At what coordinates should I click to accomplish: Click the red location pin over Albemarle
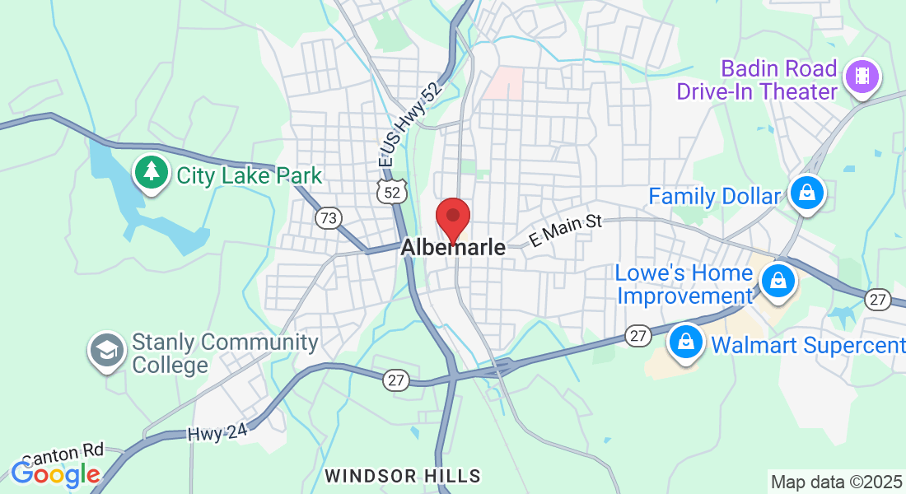pyautogui.click(x=452, y=217)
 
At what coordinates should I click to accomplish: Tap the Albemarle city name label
pyautogui.click(x=453, y=247)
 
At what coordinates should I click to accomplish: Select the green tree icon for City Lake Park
pyautogui.click(x=151, y=171)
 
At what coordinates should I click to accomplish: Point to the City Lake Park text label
pyautogui.click(x=249, y=175)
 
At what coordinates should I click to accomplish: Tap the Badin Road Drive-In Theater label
pyautogui.click(x=756, y=80)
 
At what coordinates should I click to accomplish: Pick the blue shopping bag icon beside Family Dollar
pyautogui.click(x=807, y=193)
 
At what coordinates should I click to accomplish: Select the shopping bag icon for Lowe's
pyautogui.click(x=776, y=281)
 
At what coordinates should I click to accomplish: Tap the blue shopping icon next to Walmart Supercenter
pyautogui.click(x=685, y=342)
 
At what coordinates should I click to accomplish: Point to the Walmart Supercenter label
pyautogui.click(x=807, y=345)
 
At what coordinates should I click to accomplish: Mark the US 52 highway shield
pyautogui.click(x=391, y=192)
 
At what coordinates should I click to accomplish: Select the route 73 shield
pyautogui.click(x=329, y=218)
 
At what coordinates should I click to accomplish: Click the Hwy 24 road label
pyautogui.click(x=217, y=433)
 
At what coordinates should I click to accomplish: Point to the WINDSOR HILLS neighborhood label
pyautogui.click(x=402, y=476)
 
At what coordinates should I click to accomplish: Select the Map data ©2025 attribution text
pyautogui.click(x=835, y=482)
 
